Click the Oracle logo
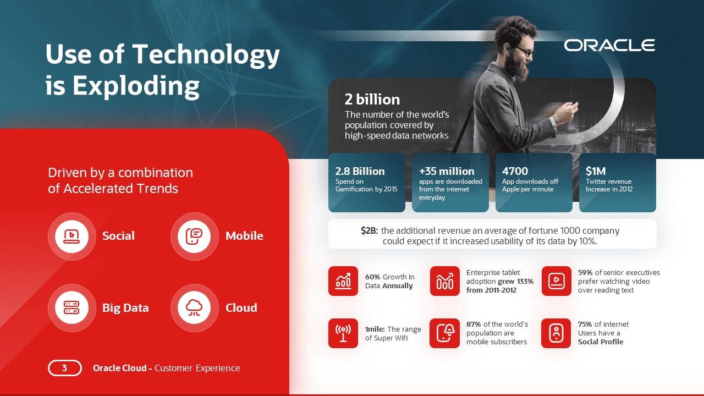pos(609,45)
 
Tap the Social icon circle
pos(71,236)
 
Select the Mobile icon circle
pos(194,236)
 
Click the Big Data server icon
pos(71,307)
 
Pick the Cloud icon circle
pos(194,307)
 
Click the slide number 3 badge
pos(65,368)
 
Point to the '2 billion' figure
pos(372,100)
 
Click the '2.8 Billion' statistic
pos(360,171)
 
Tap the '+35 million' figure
pos(447,171)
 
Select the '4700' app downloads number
pos(515,171)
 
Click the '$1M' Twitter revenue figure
pos(596,171)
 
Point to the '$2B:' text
pos(369,230)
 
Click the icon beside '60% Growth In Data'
pos(343,281)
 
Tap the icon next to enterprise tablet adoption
pos(445,281)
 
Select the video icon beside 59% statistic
pos(556,281)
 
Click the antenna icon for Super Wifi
pos(343,333)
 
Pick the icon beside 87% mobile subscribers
pos(445,333)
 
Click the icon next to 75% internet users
pos(556,333)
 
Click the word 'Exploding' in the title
pos(136,85)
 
